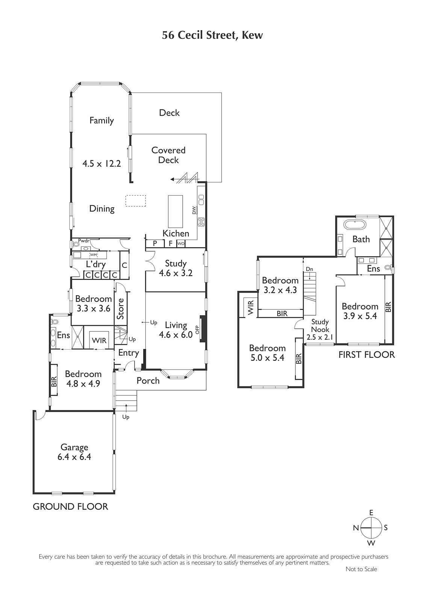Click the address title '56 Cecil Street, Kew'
click(212, 35)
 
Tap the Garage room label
click(74, 447)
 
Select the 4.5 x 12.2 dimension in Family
click(101, 163)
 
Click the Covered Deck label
click(168, 155)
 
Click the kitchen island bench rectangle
click(175, 211)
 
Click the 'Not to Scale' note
click(361, 569)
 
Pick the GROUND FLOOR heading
click(70, 506)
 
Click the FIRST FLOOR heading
click(366, 355)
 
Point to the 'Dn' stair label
click(309, 269)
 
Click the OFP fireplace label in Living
click(198, 330)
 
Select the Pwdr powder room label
click(83, 241)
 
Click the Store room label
click(121, 309)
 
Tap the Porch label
click(148, 380)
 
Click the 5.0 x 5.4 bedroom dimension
click(267, 358)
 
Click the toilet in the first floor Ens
click(387, 268)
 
